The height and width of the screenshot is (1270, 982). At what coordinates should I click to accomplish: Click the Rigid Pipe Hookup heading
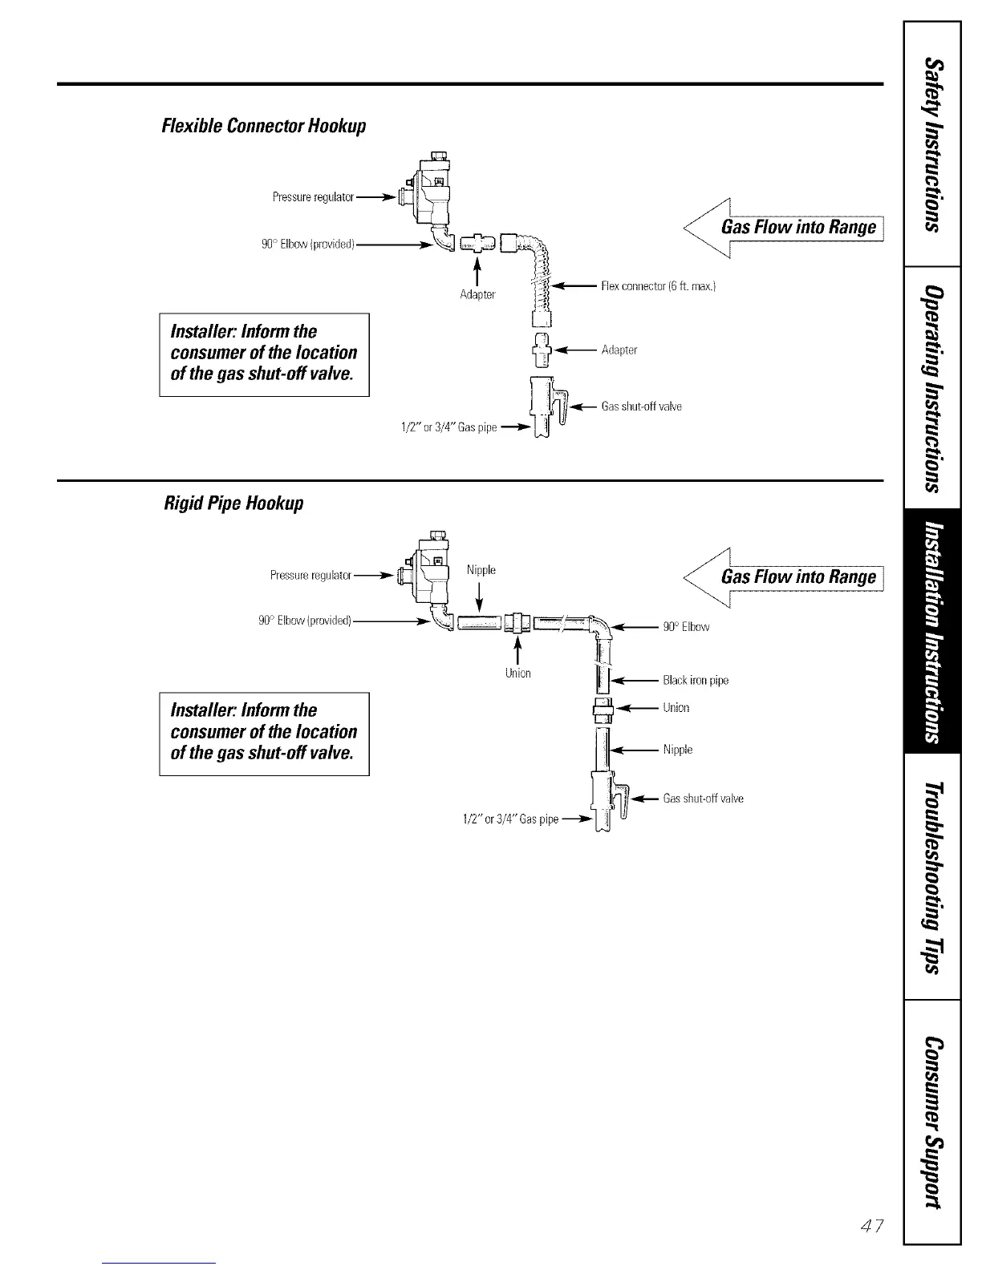[x=233, y=504]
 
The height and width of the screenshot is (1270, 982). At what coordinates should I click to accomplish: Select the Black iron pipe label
[x=696, y=681]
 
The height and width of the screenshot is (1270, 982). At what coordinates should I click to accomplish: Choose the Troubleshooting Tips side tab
[x=932, y=877]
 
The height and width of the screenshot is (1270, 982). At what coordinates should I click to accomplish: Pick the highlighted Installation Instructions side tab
[x=932, y=632]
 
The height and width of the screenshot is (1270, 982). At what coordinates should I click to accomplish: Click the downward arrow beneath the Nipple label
[x=479, y=596]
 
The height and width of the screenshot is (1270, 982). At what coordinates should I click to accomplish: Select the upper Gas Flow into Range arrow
[x=782, y=228]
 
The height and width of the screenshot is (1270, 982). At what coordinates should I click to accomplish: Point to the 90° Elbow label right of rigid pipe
[x=686, y=627]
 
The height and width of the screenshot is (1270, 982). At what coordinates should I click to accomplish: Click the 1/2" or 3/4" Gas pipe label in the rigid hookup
[x=510, y=819]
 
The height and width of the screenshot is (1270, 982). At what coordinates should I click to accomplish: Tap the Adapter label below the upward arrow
[x=477, y=294]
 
